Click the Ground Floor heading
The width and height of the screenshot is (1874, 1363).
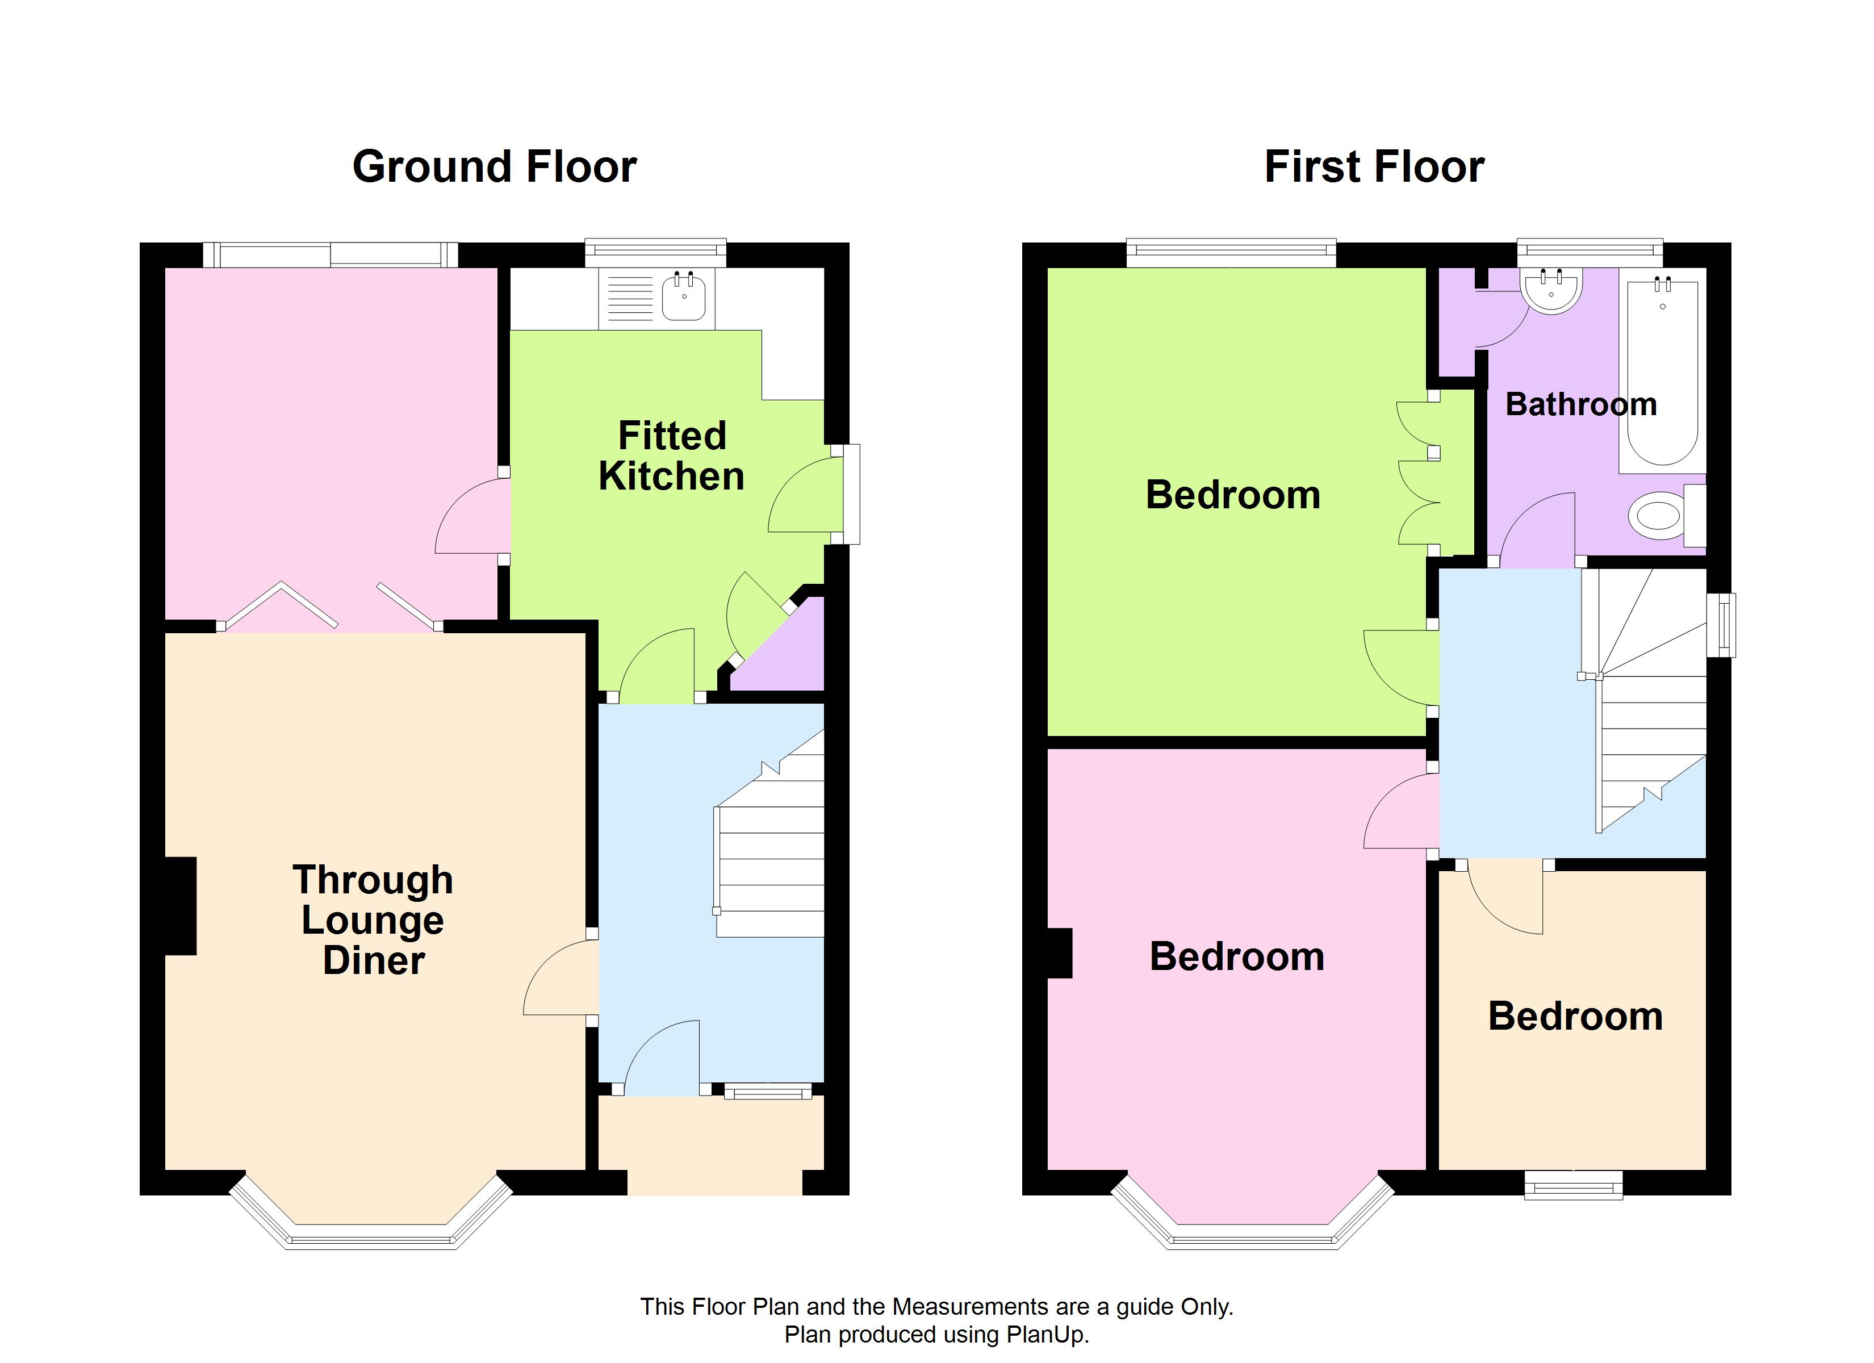click(x=494, y=167)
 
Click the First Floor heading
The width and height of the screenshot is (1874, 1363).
click(x=1374, y=167)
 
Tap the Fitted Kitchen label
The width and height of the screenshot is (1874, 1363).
click(x=672, y=455)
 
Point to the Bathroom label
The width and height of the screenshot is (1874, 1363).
click(x=1580, y=404)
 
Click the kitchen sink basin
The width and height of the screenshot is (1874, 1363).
click(x=683, y=296)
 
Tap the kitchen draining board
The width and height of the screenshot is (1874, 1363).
click(x=630, y=298)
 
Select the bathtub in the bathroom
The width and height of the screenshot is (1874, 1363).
click(x=1663, y=373)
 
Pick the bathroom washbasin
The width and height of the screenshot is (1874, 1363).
click(x=1551, y=290)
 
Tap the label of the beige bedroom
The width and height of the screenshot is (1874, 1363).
click(x=1575, y=1016)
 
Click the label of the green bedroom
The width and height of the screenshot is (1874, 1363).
click(x=1233, y=495)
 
